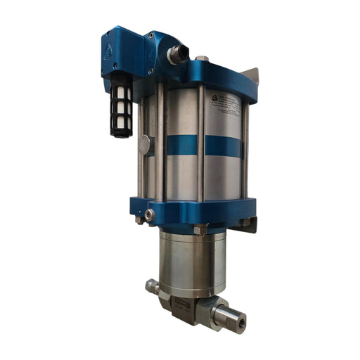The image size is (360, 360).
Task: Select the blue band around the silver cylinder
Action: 204,146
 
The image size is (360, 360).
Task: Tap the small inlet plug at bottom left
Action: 150,286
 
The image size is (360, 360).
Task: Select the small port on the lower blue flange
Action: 149,214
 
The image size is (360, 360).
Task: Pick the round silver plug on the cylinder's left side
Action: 145,143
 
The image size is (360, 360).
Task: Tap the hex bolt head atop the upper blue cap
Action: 202,59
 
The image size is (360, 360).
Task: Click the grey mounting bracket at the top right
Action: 250,77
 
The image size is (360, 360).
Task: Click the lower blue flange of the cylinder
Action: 204,210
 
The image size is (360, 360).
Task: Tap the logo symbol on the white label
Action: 215,99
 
